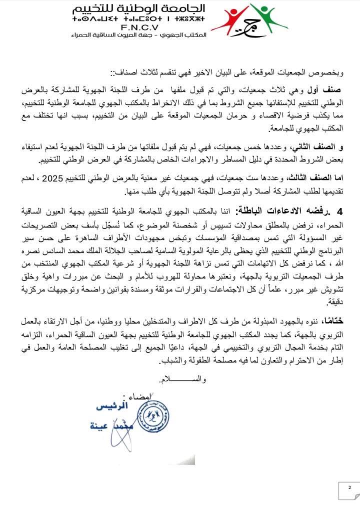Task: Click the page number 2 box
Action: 350,488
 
